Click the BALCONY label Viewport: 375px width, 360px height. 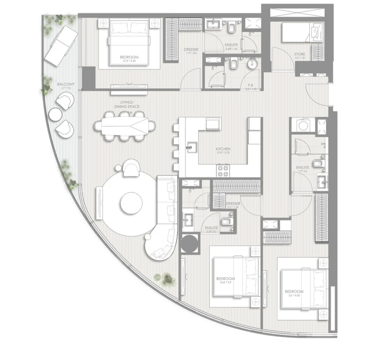click(66, 84)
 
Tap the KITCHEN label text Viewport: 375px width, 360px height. click(223, 149)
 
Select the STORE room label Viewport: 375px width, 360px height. click(300, 55)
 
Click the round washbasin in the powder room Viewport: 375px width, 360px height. click(252, 64)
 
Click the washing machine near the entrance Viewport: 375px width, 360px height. click(303, 125)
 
